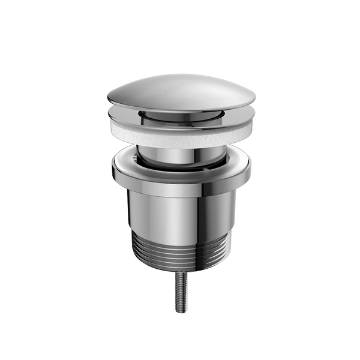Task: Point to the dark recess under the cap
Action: coord(180,115)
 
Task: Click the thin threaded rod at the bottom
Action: coord(180,294)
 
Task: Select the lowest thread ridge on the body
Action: coord(180,264)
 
